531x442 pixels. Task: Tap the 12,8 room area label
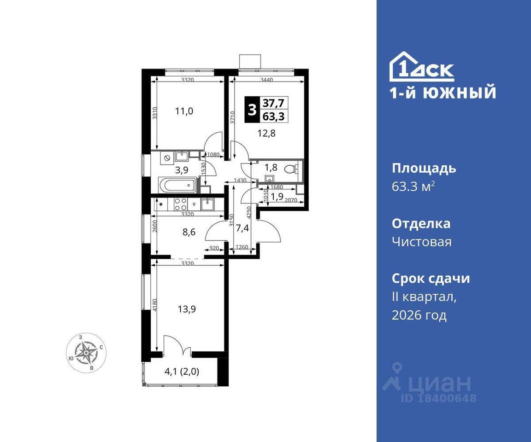point(266,133)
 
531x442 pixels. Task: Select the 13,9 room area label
point(187,309)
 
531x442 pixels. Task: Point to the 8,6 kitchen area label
point(189,232)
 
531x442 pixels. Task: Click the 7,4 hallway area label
point(242,228)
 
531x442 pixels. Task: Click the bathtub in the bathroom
point(177,185)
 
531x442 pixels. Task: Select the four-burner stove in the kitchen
point(181,204)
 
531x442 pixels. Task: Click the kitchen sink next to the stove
point(207,204)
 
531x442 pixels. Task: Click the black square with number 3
point(252,110)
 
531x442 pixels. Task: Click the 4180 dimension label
point(155,305)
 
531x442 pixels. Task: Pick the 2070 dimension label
point(291,200)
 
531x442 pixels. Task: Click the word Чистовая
point(422,242)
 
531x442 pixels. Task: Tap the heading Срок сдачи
point(431,279)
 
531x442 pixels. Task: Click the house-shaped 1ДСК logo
point(421,67)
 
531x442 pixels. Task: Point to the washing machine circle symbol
point(166,158)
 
